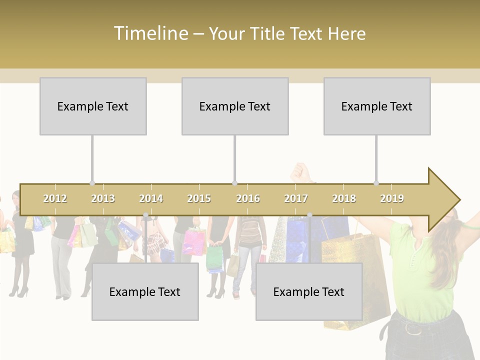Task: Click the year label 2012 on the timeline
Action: pos(55,198)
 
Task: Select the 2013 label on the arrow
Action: pos(103,198)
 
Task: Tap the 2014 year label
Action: pos(151,198)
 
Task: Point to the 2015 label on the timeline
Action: pos(199,198)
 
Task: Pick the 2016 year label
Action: pos(248,198)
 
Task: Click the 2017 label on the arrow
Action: pos(296,198)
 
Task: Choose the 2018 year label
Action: pos(344,198)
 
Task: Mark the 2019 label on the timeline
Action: pos(392,198)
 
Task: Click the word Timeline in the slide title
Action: pos(150,33)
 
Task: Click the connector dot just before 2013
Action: pos(92,183)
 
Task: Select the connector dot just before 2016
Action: pos(234,183)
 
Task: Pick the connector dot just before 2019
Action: pos(376,183)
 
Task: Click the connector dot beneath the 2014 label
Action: pos(145,215)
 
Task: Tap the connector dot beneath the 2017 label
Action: pos(309,215)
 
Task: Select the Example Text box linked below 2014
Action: pos(145,292)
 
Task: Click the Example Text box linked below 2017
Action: pos(309,292)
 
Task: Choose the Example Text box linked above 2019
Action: pos(377,106)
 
